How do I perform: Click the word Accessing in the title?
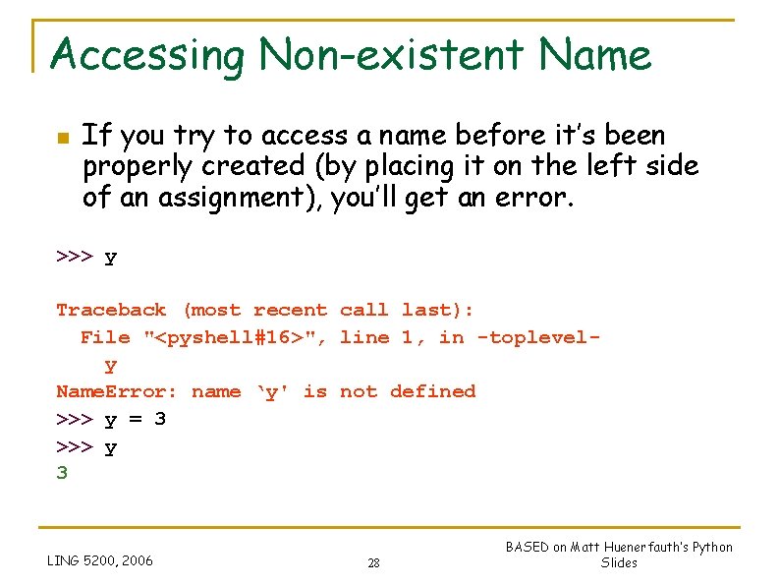tap(146, 55)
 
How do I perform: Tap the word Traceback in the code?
tap(111, 311)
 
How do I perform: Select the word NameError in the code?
tap(117, 392)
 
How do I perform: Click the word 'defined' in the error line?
tap(432, 391)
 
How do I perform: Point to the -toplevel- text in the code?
tap(537, 338)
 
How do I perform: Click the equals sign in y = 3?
tap(135, 419)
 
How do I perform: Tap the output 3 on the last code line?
tap(62, 473)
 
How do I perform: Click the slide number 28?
tap(373, 563)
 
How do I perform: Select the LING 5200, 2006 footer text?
tap(100, 560)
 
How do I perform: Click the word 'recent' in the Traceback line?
tap(290, 311)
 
